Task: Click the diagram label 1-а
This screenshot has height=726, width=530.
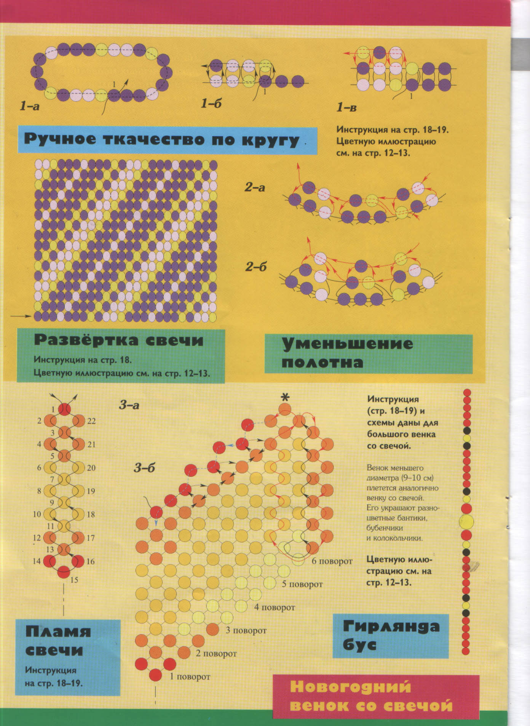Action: [x=29, y=106]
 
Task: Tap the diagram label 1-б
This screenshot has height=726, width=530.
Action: [x=211, y=103]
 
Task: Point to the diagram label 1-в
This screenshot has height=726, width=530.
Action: [x=346, y=107]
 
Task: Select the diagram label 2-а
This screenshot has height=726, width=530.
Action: [x=255, y=187]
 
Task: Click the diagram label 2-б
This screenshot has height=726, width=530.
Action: [x=255, y=266]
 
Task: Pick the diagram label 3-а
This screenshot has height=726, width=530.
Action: [x=129, y=405]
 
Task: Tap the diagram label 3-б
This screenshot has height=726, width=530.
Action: [x=144, y=467]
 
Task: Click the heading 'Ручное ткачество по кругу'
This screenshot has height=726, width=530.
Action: [x=161, y=140]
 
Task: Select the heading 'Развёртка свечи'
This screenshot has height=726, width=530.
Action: [x=118, y=340]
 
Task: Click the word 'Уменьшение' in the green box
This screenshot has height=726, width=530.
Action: [x=347, y=344]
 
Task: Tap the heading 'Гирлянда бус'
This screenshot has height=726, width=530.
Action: [x=390, y=635]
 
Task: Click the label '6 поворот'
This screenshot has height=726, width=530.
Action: [x=332, y=561]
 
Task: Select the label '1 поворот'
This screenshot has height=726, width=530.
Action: [x=190, y=676]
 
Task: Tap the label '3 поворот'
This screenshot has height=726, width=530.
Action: [x=246, y=630]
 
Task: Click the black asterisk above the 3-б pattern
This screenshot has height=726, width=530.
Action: [x=285, y=397]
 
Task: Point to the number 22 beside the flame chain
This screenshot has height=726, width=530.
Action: [x=91, y=421]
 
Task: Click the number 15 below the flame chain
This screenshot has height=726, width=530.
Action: [x=74, y=580]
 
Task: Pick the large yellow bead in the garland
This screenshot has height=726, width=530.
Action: [x=466, y=521]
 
